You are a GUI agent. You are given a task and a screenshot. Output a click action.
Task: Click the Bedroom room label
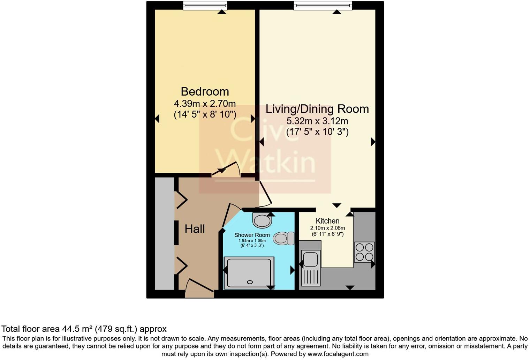(x=205, y=92)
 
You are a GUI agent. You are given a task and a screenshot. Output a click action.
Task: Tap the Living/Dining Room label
(x=317, y=109)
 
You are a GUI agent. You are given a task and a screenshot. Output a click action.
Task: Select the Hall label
(x=195, y=229)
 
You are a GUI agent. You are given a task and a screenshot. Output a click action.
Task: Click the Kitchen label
(x=327, y=221)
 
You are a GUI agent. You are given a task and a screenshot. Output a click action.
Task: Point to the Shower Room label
(x=252, y=235)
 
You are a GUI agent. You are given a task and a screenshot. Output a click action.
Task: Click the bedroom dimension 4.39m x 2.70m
(x=205, y=104)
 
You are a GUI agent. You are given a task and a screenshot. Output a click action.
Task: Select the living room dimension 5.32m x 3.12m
(x=317, y=121)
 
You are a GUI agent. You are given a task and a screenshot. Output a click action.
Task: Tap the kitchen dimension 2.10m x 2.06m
(x=327, y=228)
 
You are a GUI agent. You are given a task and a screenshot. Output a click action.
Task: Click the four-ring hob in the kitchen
(x=364, y=252)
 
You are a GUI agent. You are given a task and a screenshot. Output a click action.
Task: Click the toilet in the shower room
(x=284, y=239)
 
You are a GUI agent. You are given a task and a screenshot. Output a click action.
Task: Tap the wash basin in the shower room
(x=262, y=220)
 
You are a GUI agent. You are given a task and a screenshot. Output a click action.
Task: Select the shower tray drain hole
(x=250, y=282)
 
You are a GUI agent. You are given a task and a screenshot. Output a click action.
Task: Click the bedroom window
(x=205, y=6)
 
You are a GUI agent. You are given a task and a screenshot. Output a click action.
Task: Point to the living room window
(x=323, y=6)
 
